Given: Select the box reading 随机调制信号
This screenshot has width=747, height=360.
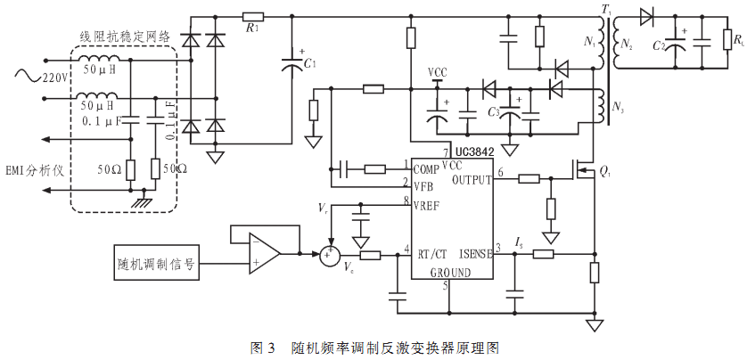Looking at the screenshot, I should click(157, 265).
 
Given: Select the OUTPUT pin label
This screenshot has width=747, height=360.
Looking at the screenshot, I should click(472, 180).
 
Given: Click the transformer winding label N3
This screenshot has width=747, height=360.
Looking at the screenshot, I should click(617, 108).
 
